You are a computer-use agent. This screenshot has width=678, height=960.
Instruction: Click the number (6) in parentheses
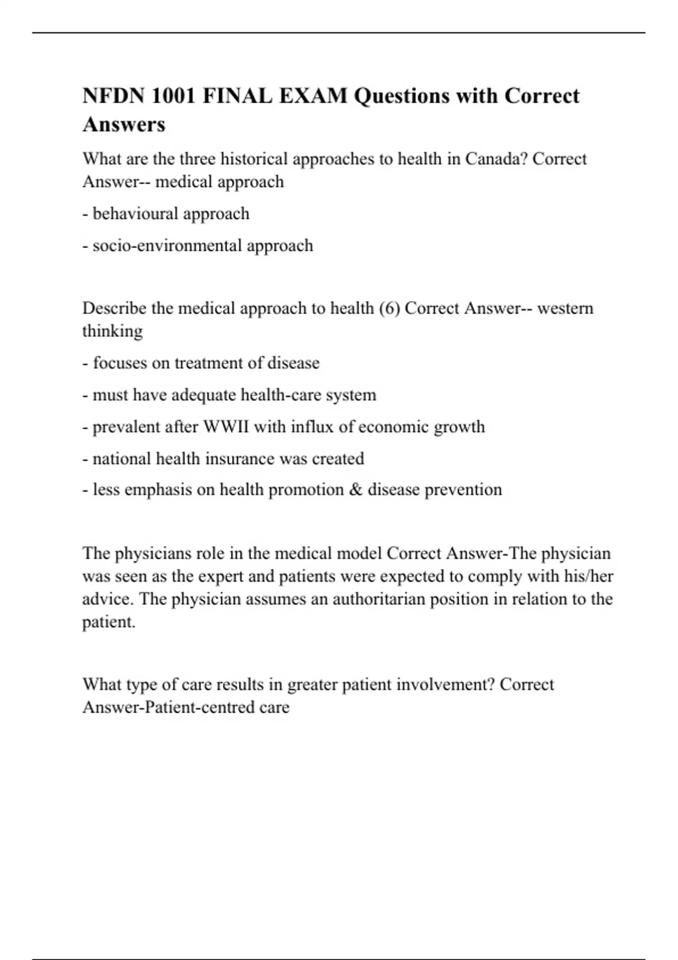tap(389, 308)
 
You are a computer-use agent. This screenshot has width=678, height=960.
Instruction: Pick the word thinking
tap(112, 331)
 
